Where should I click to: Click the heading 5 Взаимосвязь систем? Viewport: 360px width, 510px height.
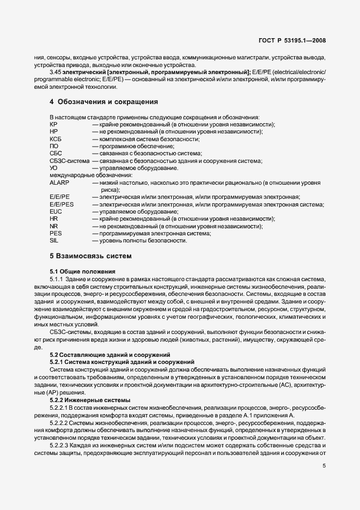click(91, 256)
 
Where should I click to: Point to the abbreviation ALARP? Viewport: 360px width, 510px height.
click(59, 184)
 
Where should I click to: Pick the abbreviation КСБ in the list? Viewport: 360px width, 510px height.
click(55, 139)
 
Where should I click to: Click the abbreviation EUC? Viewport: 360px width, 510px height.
click(56, 211)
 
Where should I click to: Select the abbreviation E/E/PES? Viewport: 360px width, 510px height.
click(62, 204)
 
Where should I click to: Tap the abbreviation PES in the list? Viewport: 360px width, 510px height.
click(55, 233)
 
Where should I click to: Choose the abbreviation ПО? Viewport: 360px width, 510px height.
click(53, 146)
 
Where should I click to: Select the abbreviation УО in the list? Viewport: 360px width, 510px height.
click(53, 168)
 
